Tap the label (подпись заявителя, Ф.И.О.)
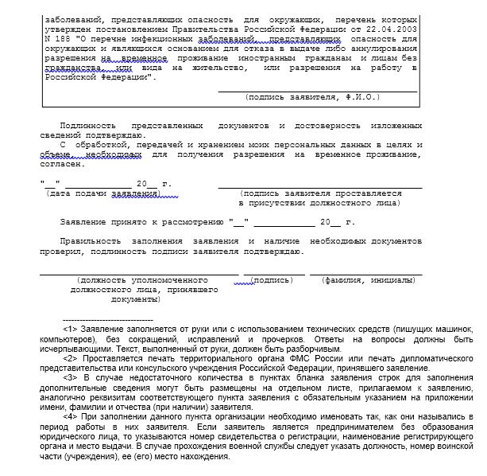313,98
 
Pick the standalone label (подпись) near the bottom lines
271,281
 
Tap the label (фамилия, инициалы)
368,281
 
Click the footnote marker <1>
69,329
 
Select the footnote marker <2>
69,357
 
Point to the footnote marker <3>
69,377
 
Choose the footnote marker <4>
69,416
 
